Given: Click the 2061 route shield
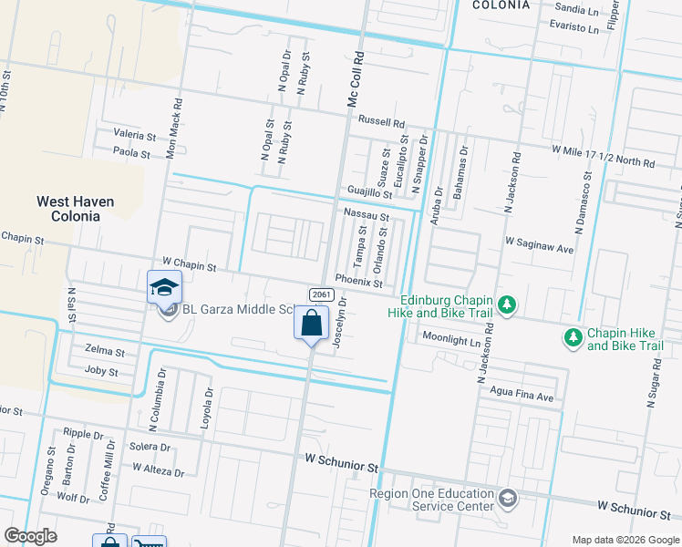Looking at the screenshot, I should pyautogui.click(x=319, y=294).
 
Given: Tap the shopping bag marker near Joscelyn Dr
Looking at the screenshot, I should pyautogui.click(x=311, y=324).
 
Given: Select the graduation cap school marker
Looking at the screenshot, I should pyautogui.click(x=164, y=286).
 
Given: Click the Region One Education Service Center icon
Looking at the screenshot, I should pyautogui.click(x=509, y=498).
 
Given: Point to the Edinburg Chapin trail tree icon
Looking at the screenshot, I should pyautogui.click(x=509, y=306).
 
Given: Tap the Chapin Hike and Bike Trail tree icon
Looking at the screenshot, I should pyautogui.click(x=573, y=338).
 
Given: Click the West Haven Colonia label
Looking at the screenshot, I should pyautogui.click(x=75, y=209).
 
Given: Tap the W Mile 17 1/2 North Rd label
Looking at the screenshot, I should pyautogui.click(x=603, y=156).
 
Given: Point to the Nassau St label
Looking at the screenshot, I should pyautogui.click(x=367, y=217).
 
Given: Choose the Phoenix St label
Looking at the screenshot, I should pyautogui.click(x=358, y=281).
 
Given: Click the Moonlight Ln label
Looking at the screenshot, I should pyautogui.click(x=450, y=337).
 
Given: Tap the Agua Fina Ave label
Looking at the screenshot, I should pyautogui.click(x=522, y=397).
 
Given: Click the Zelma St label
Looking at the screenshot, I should pyautogui.click(x=102, y=350).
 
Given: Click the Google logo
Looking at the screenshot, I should pyautogui.click(x=31, y=536).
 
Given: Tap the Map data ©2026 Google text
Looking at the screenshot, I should pyautogui.click(x=625, y=540).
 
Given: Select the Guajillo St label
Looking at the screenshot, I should pyautogui.click(x=369, y=193).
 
